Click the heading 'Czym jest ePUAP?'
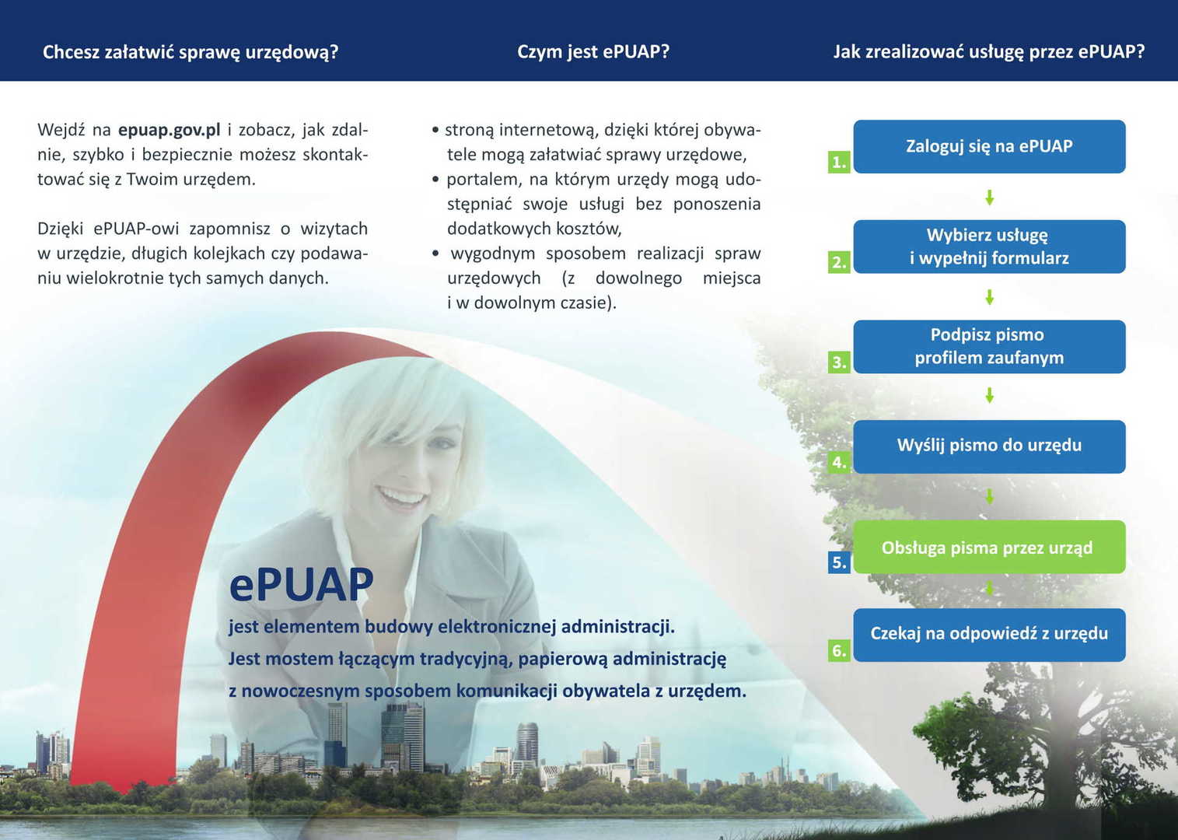pos(593,51)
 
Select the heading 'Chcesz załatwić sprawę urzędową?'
pos(191,52)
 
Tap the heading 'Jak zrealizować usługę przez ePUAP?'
pos(989,51)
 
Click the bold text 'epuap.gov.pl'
pos(170,130)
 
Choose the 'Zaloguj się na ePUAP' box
pos(989,146)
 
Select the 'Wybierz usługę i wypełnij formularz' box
pos(989,246)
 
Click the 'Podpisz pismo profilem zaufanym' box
pos(989,346)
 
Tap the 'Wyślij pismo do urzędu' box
pos(989,446)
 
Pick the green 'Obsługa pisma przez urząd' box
pos(989,547)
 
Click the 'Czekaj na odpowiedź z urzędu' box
pos(989,635)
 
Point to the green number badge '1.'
pos(839,162)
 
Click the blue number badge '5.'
pos(839,562)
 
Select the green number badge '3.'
pos(839,362)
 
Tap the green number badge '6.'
pos(839,651)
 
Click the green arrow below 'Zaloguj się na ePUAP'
pos(989,198)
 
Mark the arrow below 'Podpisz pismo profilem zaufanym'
pos(989,396)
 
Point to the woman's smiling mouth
pos(400,496)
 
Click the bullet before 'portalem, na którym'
pos(435,180)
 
